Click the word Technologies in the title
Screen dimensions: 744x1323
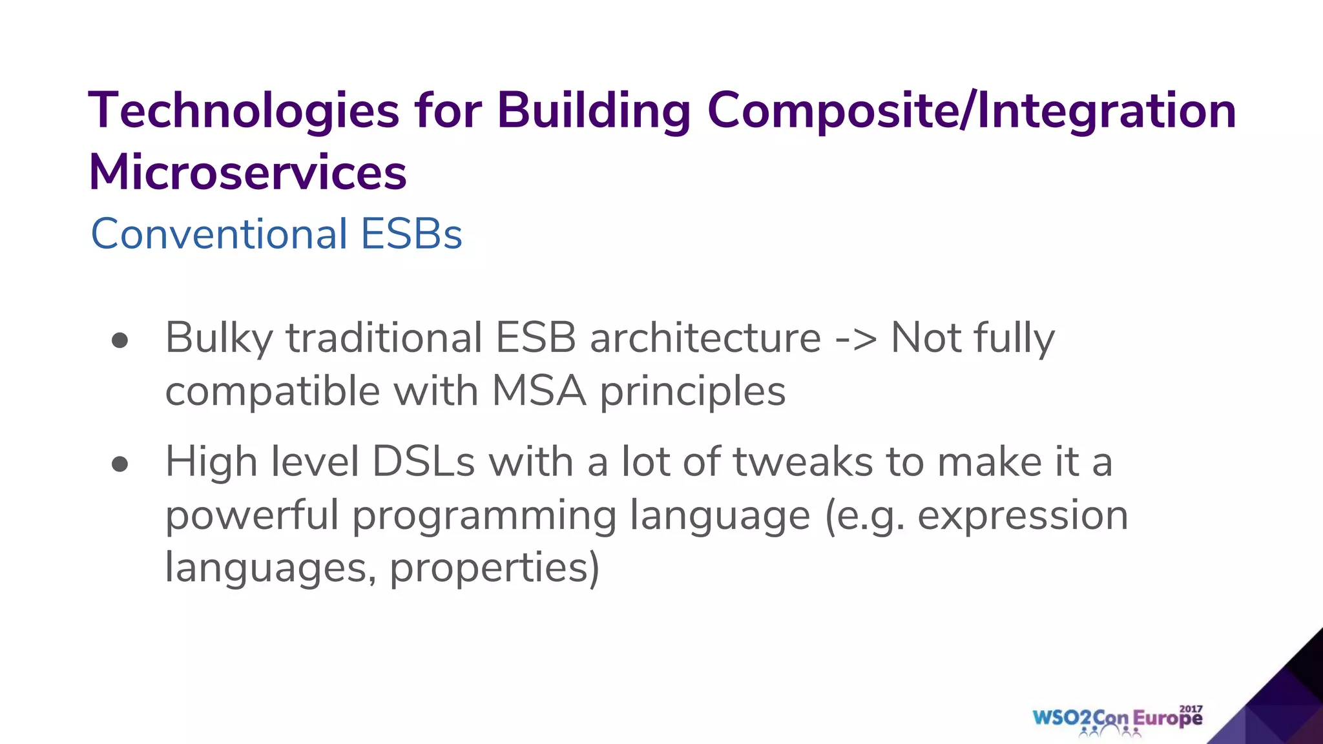coord(244,111)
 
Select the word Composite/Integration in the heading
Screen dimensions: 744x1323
coord(971,111)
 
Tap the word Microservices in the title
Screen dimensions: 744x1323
coord(247,173)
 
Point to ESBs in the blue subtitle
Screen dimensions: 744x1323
coord(411,234)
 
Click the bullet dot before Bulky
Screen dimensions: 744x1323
coord(120,340)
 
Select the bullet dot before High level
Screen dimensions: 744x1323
coord(120,464)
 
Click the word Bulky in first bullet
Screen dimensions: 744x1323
coord(219,338)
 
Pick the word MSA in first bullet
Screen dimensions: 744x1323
coord(539,391)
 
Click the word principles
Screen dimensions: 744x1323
coord(693,393)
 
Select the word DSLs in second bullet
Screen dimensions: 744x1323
coord(424,462)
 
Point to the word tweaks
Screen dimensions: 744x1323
coord(802,462)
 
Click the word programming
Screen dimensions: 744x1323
coord(484,517)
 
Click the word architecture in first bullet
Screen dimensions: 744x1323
coord(705,338)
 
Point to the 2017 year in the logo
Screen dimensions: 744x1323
coord(1191,708)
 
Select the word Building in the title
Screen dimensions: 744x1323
coord(594,111)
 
